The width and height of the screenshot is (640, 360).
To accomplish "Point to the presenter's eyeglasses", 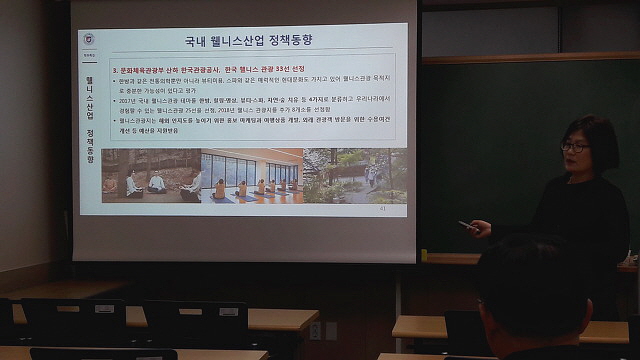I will pyautogui.click(x=574, y=147).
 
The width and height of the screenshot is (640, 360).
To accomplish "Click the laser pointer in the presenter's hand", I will pyautogui.click(x=465, y=225).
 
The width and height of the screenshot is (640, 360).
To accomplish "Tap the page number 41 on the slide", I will pyautogui.click(x=383, y=209).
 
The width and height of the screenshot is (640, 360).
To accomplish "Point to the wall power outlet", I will pyautogui.click(x=315, y=329).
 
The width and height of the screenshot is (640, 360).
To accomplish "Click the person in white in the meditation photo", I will pyautogui.click(x=157, y=183).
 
